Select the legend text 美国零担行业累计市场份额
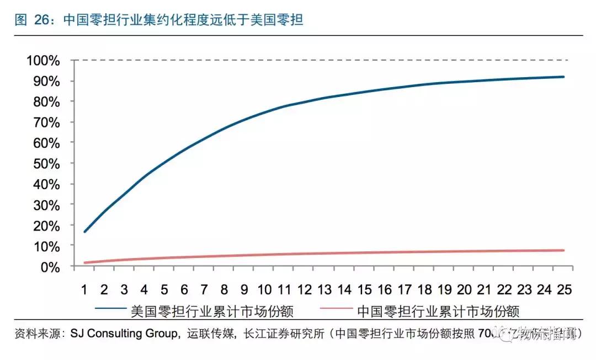[x=212, y=311]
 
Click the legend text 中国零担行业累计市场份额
[x=438, y=311]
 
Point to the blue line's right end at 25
[x=563, y=77]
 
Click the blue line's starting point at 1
[x=84, y=232]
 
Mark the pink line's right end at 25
[x=563, y=250]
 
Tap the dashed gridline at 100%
[x=320, y=60]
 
